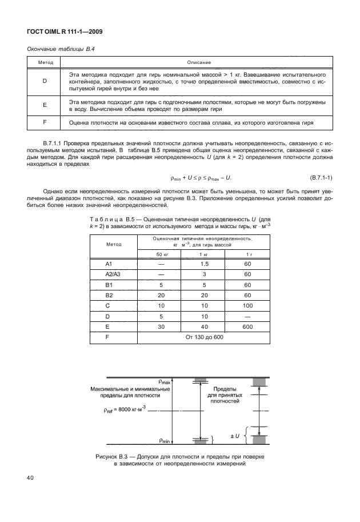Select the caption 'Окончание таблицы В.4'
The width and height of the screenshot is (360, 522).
pos(61,49)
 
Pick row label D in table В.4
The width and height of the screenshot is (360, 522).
pos(45,81)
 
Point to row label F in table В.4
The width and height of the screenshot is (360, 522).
pos(45,122)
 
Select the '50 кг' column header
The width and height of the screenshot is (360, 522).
pos(162,254)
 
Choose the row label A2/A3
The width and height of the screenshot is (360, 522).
pos(114,274)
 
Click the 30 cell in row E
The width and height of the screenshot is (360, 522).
pos(162,326)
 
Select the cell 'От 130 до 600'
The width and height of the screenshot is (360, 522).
pos(204,337)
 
